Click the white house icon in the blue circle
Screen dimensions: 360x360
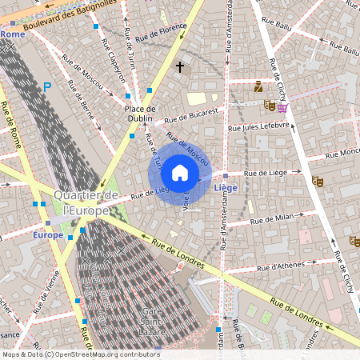[x=180, y=172]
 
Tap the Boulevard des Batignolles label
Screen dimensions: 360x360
[x=71, y=15]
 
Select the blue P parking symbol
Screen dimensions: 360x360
[x=47, y=86]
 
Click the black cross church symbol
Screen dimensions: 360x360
[x=180, y=66]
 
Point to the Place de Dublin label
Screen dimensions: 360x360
[x=140, y=114]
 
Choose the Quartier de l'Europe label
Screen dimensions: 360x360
[x=86, y=202]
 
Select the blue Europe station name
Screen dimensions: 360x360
[x=48, y=235]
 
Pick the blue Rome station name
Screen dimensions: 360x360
[x=12, y=34]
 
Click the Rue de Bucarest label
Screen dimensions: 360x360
[x=191, y=116]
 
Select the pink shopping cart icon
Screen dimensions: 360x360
[x=282, y=106]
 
